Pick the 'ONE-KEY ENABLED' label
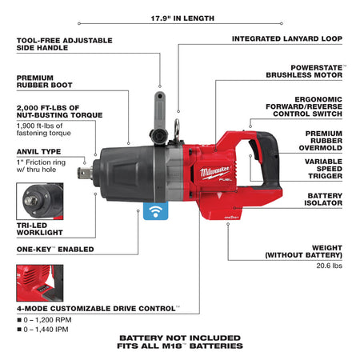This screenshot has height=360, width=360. pos(54,249)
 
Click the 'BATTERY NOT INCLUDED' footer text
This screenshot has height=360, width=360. pos(179,337)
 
